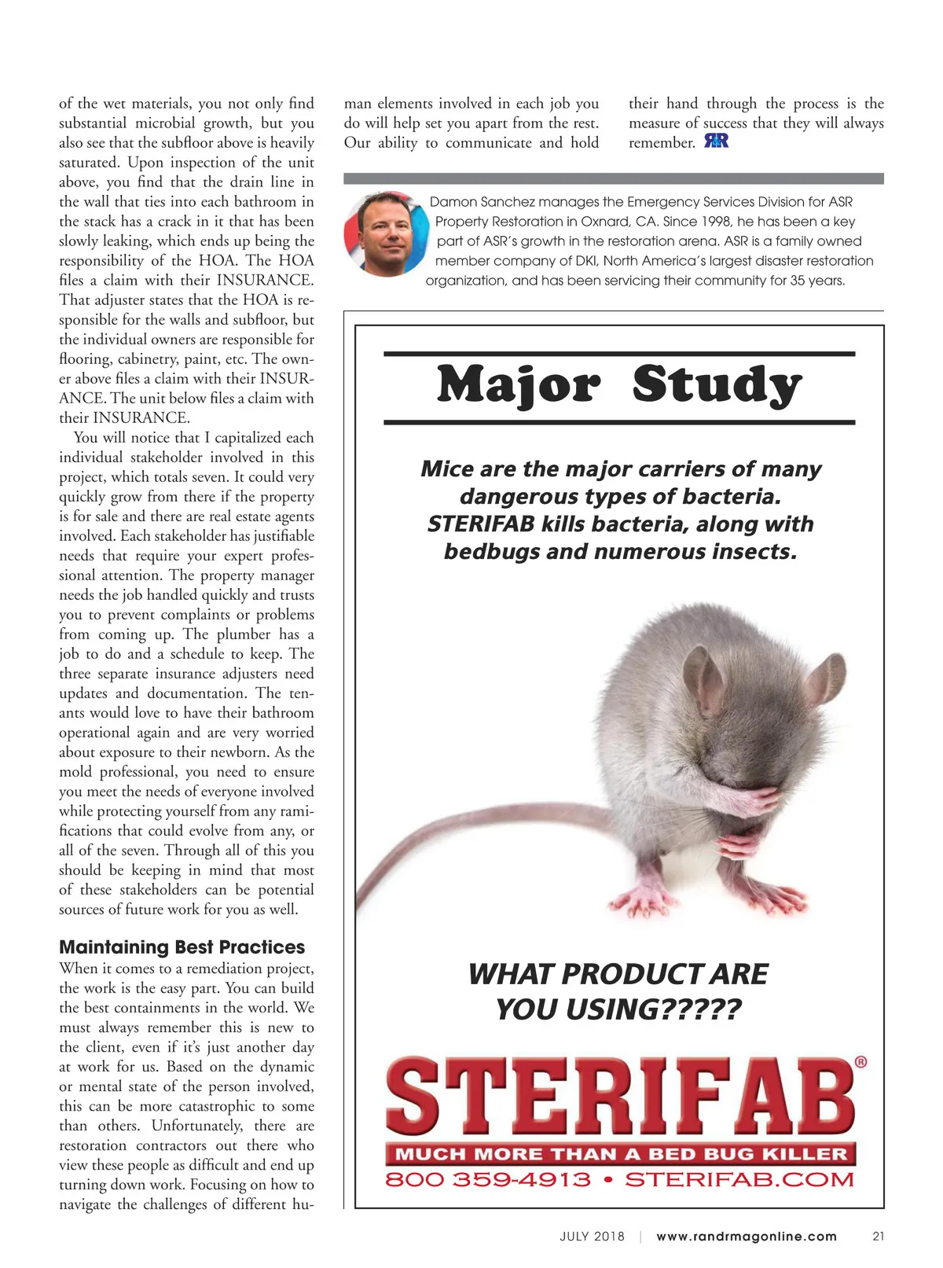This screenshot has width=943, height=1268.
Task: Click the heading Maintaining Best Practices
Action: [x=182, y=947]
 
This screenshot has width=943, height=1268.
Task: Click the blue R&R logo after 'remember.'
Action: [x=716, y=142]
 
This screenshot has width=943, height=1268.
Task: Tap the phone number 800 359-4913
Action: [x=487, y=1180]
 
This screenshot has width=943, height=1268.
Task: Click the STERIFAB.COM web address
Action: [x=739, y=1180]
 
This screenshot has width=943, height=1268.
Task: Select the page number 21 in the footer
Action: [x=879, y=1236]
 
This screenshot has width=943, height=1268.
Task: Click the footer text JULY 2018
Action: [x=592, y=1236]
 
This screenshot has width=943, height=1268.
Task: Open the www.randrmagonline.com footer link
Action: [x=747, y=1236]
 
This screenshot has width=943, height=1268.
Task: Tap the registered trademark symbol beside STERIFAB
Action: [x=860, y=1062]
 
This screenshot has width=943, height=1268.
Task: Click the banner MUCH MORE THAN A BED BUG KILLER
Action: [x=620, y=1154]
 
